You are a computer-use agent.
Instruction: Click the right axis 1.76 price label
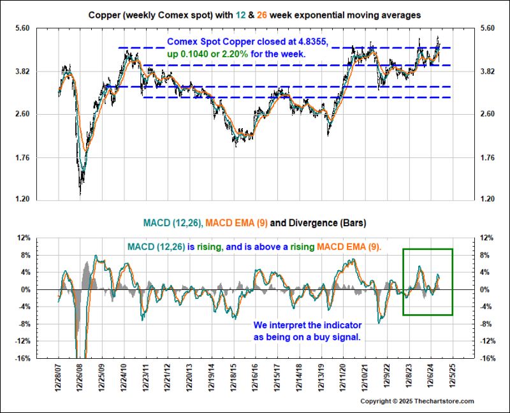pos(486,157)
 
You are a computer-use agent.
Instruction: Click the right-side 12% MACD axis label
pos(487,238)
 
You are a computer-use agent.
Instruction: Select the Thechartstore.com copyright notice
pos(417,401)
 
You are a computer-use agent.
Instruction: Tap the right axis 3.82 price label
pos(486,71)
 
